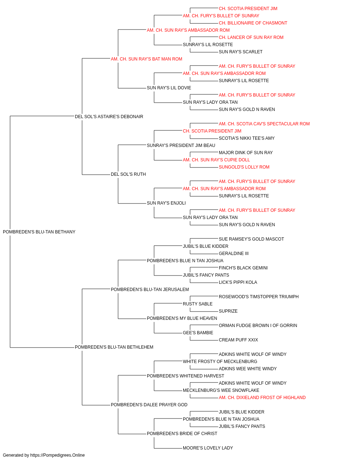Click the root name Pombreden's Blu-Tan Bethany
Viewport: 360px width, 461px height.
pos(39,232)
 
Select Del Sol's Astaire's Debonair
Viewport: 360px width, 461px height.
pos(109,116)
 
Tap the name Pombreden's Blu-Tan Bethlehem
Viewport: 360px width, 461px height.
pos(114,347)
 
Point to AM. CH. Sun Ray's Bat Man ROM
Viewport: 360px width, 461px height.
pos(147,59)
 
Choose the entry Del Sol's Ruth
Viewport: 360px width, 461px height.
pos(128,174)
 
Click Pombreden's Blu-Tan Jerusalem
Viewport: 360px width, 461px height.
pos(150,289)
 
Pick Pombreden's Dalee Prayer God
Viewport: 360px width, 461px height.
pos(149,405)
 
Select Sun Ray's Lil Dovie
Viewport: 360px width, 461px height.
pos(169,88)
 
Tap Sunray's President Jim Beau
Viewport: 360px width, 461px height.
pos(181,145)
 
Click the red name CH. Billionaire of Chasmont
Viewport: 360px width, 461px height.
pos(253,23)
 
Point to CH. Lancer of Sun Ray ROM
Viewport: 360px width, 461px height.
pos(251,37)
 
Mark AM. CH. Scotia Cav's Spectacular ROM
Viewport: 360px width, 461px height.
pos(264,124)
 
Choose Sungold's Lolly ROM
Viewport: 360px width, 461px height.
pos(244,167)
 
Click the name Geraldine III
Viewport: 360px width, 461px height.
pos(234,254)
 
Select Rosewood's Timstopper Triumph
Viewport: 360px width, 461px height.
pos(258,296)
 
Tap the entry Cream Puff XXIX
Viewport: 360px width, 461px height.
pos(238,340)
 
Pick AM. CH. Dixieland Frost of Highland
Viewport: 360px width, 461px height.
pos(262,398)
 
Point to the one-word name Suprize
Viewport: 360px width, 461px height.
pos(228,311)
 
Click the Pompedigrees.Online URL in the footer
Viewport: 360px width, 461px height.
pos(58,455)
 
